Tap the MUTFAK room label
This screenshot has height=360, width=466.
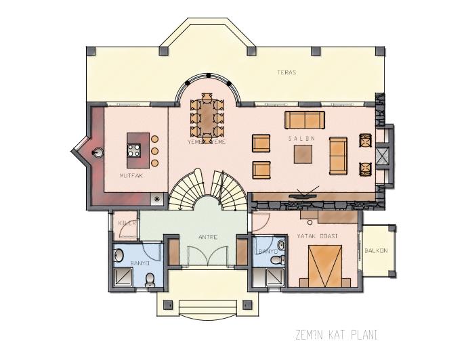pyautogui.click(x=131, y=175)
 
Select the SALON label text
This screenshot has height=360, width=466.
pyautogui.click(x=299, y=137)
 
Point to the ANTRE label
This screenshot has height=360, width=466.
pyautogui.click(x=207, y=238)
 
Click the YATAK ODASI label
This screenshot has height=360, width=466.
pyautogui.click(x=318, y=235)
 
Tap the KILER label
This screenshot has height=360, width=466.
pyautogui.click(x=127, y=222)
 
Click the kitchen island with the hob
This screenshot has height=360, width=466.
pyautogui.click(x=135, y=150)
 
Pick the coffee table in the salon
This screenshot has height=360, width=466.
pyautogui.click(x=303, y=155)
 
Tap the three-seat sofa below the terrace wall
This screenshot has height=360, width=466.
pyautogui.click(x=305, y=120)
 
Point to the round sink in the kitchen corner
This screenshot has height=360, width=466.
pyautogui.click(x=97, y=152)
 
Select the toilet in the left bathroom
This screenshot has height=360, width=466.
pyautogui.click(x=150, y=277)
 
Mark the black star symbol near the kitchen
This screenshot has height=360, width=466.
pyautogui.click(x=158, y=199)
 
